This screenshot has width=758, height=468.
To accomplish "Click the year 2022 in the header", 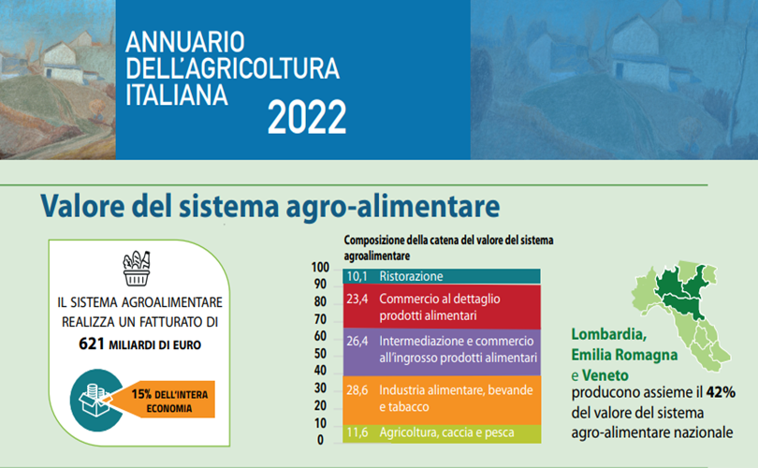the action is pos(307,117).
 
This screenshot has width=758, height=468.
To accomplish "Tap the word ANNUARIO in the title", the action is pos(185,42).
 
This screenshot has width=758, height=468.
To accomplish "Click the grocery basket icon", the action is pos(137,269).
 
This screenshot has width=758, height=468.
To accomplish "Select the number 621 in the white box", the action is pos(92,344).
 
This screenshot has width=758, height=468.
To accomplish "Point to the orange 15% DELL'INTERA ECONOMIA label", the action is pos(167,400).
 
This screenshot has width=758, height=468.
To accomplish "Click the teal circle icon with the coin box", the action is pos(95,400).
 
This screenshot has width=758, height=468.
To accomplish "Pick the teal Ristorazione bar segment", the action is pos(442,276).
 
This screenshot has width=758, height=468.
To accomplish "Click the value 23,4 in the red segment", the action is pos(357,300).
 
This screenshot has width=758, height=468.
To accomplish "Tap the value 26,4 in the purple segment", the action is pos(357,342).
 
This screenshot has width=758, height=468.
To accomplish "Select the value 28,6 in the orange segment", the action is pos(357,390).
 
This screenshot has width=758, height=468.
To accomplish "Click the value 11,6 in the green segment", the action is pos(357,432).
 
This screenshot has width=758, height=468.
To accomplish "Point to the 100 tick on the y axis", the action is pos(320,268).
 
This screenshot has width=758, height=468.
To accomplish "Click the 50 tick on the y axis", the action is pos(320,354).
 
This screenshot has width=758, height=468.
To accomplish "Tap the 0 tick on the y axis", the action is pos(320,441).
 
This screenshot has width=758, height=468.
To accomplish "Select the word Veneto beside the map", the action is pos(605,375).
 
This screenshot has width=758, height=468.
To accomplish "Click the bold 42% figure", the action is pos(721,392).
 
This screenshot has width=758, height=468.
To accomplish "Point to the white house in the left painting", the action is pos(61,61).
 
